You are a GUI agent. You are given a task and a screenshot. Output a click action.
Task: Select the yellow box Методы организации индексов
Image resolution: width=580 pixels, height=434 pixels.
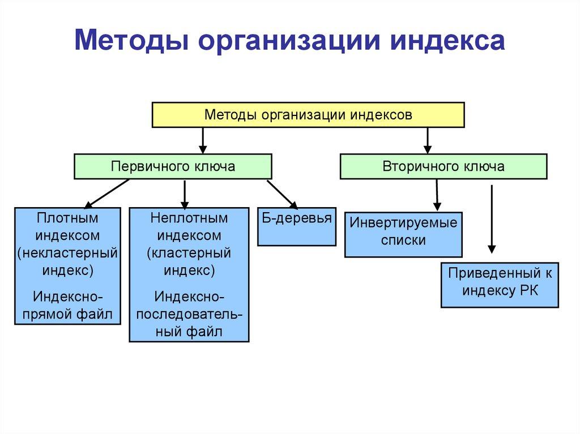click(308, 115)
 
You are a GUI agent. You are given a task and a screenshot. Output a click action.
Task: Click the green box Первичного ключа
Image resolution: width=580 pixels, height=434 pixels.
click(173, 166)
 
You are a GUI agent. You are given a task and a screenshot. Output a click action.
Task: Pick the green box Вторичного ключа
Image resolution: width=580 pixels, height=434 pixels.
click(443, 166)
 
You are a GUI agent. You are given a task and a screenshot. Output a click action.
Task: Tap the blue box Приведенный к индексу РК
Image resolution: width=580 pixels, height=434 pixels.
click(500, 285)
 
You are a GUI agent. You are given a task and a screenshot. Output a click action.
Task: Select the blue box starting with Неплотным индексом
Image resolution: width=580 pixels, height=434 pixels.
click(189, 275)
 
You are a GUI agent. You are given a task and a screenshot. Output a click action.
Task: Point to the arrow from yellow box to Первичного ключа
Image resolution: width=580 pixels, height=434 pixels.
click(203, 140)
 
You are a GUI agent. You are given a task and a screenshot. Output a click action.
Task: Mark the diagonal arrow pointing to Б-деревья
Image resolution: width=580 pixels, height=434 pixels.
click(282, 194)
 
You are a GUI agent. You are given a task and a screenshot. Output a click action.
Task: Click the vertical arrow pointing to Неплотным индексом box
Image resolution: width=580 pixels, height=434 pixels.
click(185, 194)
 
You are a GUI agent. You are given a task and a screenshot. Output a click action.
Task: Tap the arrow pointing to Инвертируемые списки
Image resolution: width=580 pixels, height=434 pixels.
click(437, 195)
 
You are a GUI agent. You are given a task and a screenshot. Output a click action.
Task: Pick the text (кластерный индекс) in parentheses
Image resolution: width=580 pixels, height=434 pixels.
click(189, 261)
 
